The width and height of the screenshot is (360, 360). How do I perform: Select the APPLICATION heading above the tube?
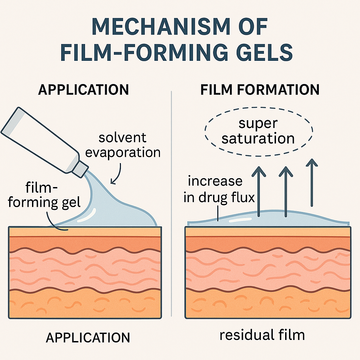click(84, 90)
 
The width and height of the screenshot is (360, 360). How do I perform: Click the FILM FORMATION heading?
click(260, 90)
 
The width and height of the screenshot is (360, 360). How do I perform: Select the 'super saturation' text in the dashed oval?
click(258, 131)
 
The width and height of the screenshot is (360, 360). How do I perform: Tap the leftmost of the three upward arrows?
click(259, 190)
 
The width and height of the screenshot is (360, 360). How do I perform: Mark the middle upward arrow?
click(285, 190)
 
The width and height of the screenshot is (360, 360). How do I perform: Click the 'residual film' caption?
click(262, 335)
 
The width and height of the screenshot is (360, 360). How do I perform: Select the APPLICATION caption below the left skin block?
click(88, 337)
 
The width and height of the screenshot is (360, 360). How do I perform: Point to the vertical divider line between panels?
click(171, 204)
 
